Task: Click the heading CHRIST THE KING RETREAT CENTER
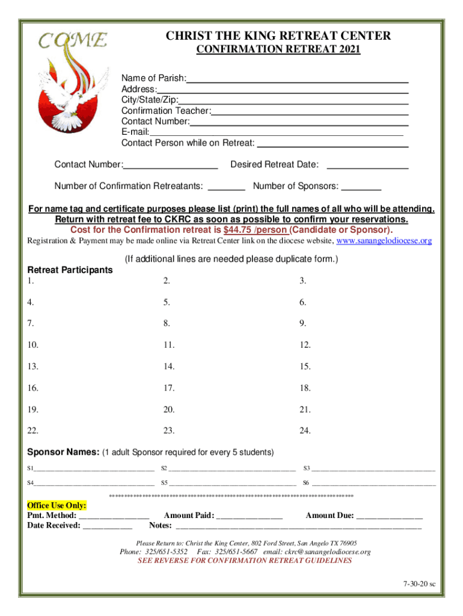(278, 36)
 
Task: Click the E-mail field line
(277, 134)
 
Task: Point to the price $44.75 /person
(255, 230)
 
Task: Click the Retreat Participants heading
(70, 270)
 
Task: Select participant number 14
(169, 366)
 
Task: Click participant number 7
(30, 323)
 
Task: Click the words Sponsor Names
(63, 452)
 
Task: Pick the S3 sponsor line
(373, 467)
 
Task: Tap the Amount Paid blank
(249, 516)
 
